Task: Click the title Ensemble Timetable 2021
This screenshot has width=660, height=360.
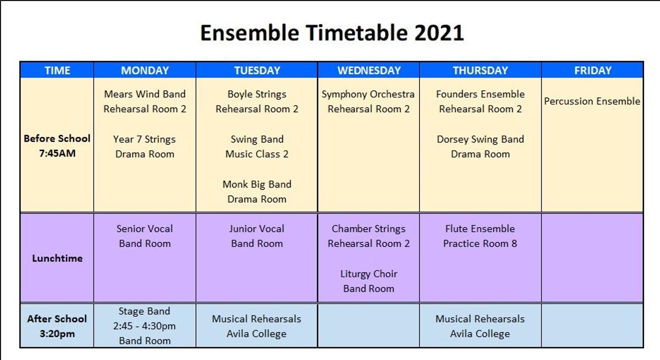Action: [332, 33]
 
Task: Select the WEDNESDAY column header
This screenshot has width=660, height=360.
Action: [369, 70]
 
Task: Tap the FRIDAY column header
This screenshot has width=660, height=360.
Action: [593, 70]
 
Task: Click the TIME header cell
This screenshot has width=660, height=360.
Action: [57, 70]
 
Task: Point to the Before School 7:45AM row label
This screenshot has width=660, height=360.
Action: [57, 146]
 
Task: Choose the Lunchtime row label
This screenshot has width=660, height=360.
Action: [57, 258]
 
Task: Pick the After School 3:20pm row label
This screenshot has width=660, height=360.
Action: [57, 326]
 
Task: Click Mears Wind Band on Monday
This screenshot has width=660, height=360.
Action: [145, 94]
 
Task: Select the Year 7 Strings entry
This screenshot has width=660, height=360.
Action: [144, 139]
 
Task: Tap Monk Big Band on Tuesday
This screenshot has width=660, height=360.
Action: [257, 184]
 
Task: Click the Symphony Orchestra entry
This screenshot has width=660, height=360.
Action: [369, 94]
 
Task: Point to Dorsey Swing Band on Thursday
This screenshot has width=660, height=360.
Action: [480, 139]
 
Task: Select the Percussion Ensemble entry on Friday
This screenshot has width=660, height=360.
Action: [592, 101]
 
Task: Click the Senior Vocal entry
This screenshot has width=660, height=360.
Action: [145, 229]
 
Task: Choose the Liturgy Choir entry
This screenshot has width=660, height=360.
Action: [369, 274]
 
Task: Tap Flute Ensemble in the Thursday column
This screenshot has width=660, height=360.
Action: [480, 229]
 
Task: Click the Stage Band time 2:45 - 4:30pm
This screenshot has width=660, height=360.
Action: [144, 326]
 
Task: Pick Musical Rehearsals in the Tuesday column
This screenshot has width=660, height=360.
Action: [256, 319]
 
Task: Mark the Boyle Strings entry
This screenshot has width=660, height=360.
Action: [257, 94]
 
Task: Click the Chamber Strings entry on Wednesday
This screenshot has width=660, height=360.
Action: [369, 229]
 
